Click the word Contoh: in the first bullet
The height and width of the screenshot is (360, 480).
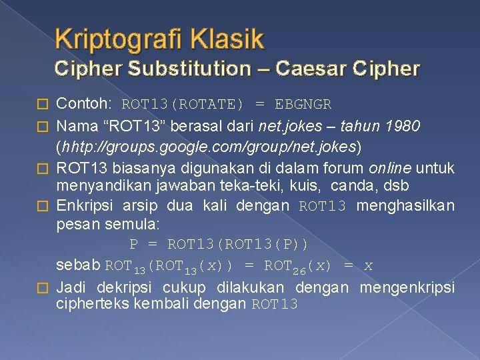(84, 105)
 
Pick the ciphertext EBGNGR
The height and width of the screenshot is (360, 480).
(303, 105)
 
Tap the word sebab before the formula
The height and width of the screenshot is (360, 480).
(79, 266)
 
